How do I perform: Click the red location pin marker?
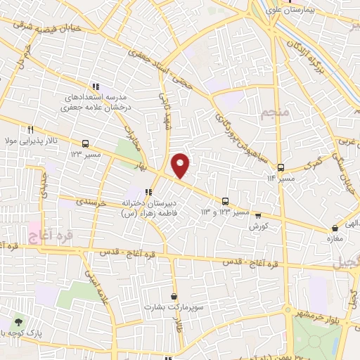point(181,165)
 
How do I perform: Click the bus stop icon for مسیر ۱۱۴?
point(281,167)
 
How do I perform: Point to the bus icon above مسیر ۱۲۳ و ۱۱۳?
point(225,200)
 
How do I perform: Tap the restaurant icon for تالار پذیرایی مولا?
point(30,129)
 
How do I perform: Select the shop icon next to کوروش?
point(258,217)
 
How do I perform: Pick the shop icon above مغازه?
point(334,228)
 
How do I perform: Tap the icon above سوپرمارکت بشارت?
point(173,296)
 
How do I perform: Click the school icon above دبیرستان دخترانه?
point(148,191)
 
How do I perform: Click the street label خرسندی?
point(92,201)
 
